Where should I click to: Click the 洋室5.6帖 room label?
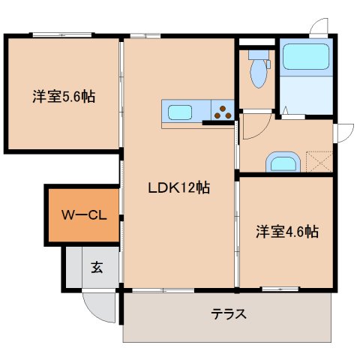(63, 97)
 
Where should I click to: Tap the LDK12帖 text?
(177, 189)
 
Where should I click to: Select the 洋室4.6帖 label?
(286, 232)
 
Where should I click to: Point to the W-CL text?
(82, 214)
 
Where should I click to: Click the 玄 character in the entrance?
(97, 266)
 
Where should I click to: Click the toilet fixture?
(258, 69)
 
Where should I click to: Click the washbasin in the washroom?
(283, 162)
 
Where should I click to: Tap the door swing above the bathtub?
(320, 26)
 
